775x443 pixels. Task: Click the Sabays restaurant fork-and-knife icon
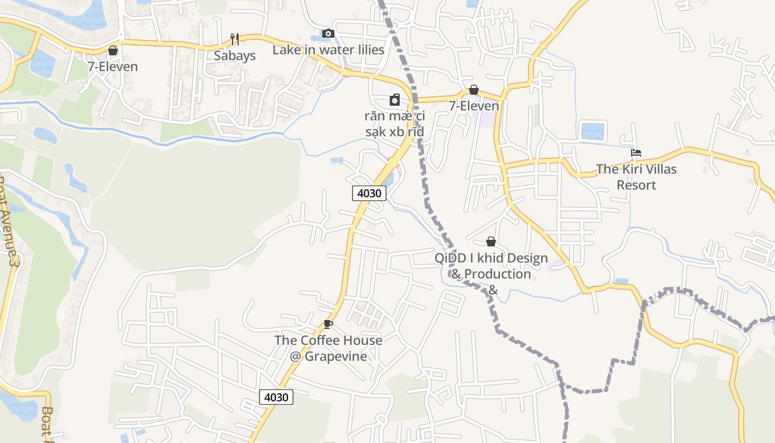pos(235,39)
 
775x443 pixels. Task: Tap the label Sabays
pos(235,56)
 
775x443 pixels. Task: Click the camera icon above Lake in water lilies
pos(328,33)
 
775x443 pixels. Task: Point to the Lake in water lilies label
pos(328,50)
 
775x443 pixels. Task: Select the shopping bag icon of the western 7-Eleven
pos(113,50)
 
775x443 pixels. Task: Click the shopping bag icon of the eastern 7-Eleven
pos(474,89)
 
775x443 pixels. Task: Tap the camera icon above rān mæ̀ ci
pos(395,100)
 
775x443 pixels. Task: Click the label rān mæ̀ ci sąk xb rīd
pos(395,124)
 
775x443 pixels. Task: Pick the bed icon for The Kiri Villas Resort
pos(636,153)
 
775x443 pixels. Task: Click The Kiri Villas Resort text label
pos(636,177)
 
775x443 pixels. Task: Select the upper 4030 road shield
pos(369,193)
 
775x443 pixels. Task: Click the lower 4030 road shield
pos(276,397)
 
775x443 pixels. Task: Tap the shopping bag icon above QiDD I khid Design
pos(490,241)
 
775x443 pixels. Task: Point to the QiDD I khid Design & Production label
pos(490,266)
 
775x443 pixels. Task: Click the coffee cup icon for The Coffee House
pos(328,324)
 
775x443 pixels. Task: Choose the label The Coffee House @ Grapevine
pos(328,348)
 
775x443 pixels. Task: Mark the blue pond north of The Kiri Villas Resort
pos(593,131)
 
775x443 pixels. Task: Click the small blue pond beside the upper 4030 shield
pos(389,179)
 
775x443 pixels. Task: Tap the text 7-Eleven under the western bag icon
pos(113,67)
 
